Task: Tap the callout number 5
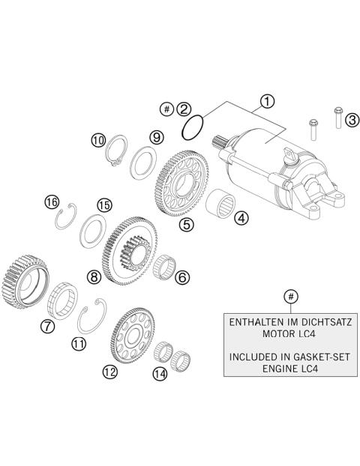point(186,223)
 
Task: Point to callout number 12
point(110,370)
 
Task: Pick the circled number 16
point(51,202)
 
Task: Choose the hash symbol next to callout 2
point(166,109)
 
